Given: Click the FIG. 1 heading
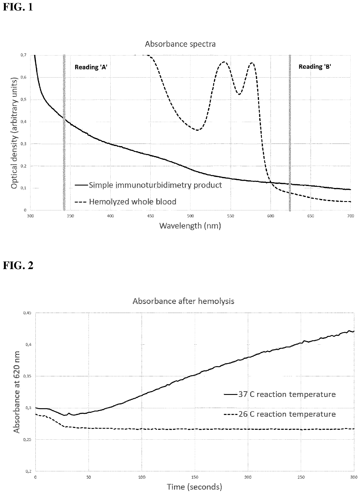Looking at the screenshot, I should click(x=18, y=7).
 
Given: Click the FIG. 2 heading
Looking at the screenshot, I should click(x=18, y=265).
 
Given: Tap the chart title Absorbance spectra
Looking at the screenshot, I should click(x=180, y=44).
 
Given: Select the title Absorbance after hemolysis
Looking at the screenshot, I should click(x=183, y=301).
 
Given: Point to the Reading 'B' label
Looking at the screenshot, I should click(x=315, y=67).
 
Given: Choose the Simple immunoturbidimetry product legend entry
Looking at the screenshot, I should click(x=155, y=185).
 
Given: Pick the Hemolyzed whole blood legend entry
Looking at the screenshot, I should click(x=132, y=201).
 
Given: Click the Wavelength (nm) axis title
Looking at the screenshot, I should click(x=190, y=225).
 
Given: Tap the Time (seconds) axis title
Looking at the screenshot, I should click(x=194, y=486).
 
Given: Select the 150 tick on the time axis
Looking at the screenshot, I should click(x=195, y=477).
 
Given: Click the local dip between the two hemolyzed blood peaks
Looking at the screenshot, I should click(x=239, y=94).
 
